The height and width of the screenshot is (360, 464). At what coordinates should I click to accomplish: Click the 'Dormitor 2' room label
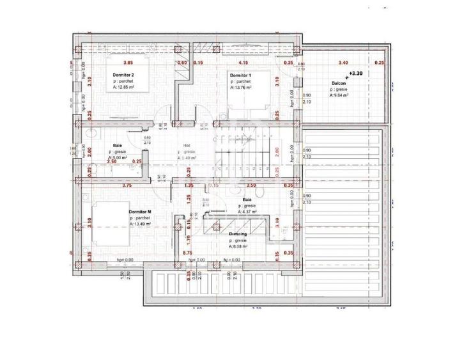(x=123, y=75)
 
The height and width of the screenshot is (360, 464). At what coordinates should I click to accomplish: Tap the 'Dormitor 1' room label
(x=240, y=75)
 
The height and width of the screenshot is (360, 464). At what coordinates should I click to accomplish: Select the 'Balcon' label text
(x=339, y=83)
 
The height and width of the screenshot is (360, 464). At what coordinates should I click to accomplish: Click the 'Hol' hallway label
(x=187, y=145)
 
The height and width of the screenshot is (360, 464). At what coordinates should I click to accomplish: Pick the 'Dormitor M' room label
(x=140, y=211)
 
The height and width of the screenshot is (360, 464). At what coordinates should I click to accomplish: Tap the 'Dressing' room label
(x=238, y=235)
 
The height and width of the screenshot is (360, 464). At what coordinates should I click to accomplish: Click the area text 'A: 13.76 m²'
(x=240, y=88)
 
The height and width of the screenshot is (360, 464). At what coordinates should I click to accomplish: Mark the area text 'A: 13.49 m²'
(x=141, y=224)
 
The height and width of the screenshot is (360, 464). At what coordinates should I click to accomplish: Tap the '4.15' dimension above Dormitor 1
(x=243, y=63)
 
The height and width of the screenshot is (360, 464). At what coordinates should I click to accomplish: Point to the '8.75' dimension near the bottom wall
(x=187, y=253)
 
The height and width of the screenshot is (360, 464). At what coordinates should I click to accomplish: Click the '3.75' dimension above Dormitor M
(x=127, y=185)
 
